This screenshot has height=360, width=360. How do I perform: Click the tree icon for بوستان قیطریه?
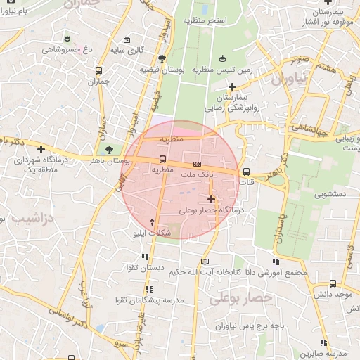tap(162, 59)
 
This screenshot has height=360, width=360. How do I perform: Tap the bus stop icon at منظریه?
tap(163, 159)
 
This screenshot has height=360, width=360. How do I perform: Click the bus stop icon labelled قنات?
tap(245, 172)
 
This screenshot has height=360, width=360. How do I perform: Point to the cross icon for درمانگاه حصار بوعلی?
tap(211, 199)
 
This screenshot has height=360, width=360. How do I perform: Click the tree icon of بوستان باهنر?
tap(108, 150)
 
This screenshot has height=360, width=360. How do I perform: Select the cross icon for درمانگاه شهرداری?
tap(41, 149)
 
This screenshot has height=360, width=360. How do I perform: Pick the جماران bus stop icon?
tap(98, 70)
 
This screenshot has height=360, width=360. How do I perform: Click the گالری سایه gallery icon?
tap(126, 39)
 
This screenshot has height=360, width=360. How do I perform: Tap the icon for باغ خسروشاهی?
tap(66, 38)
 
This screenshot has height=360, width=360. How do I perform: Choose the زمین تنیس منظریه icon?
tap(223, 58)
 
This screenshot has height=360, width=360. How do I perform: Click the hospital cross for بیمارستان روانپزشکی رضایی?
tap(232, 86)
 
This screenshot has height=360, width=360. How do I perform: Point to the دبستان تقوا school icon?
tap(146, 257)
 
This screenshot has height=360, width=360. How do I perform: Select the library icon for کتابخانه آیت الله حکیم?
tap(205, 262)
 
